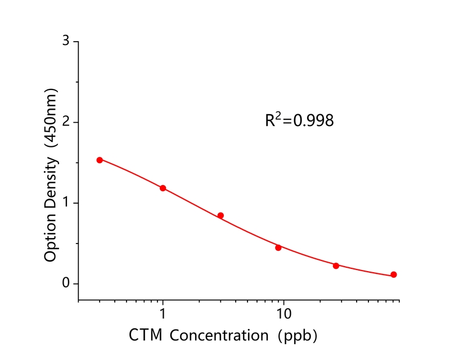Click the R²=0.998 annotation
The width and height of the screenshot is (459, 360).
pos(299,120)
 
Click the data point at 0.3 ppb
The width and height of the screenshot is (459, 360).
pos(100,160)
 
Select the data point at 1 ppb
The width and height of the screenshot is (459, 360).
pos(163,188)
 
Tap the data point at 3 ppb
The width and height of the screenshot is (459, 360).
pos(220,215)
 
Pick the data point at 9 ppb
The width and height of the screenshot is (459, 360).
pos(278,247)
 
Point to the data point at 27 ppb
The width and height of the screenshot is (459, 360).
pos(336,265)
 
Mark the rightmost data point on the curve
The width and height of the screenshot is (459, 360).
pos(394,274)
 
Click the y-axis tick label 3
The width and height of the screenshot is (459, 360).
pos(66,42)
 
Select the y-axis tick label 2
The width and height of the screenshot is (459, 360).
pos(66,122)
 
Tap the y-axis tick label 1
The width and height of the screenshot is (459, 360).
pos(66,202)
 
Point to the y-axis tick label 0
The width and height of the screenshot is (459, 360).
pos(66,283)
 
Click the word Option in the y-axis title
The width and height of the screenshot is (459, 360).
pos(51,239)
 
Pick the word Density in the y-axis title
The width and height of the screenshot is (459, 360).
pos(51,183)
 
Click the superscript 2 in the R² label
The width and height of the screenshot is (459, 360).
pos(277,115)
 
